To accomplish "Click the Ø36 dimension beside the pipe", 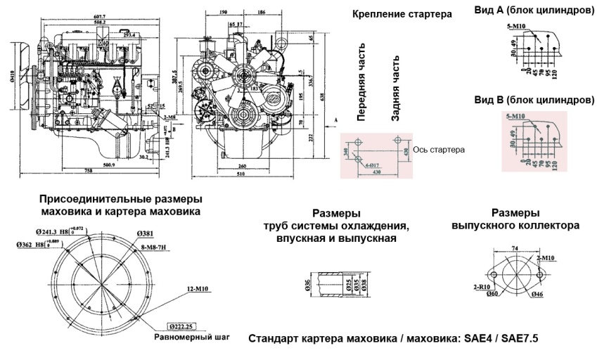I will click(x=307, y=284).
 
